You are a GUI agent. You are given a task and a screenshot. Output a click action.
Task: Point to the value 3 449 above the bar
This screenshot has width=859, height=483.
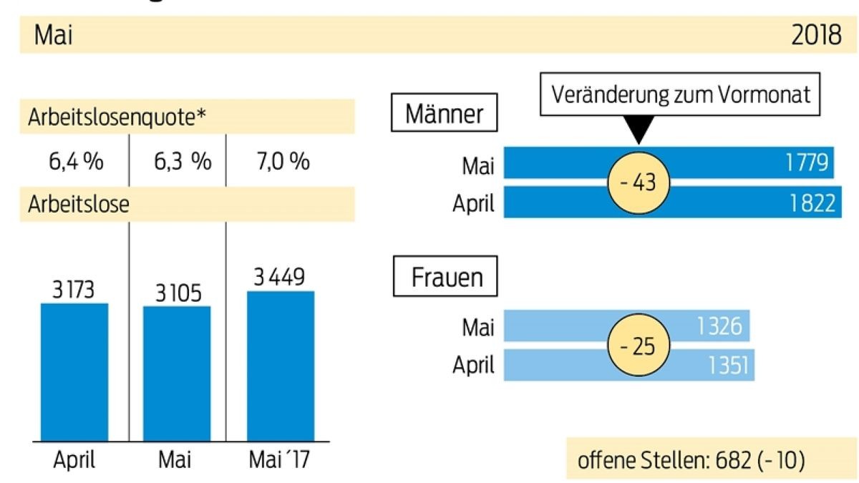click(280, 275)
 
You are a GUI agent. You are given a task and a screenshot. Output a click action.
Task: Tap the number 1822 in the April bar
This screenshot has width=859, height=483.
click(810, 204)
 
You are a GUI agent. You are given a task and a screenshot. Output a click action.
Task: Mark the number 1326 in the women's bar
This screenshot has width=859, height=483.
click(722, 328)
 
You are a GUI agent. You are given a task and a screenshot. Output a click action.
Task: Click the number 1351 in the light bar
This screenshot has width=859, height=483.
click(726, 366)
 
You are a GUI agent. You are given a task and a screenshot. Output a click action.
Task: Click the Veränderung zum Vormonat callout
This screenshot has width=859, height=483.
click(679, 95)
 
